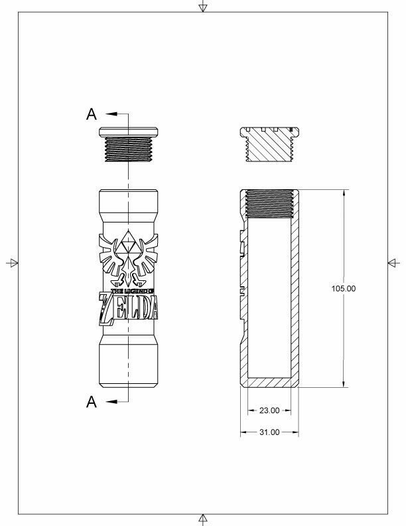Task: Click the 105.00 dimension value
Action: click(x=344, y=288)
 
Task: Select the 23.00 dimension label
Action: click(x=269, y=410)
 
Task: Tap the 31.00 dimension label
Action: click(x=269, y=432)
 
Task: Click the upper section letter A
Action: click(x=92, y=114)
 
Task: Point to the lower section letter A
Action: click(x=92, y=402)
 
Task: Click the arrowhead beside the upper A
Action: click(x=111, y=114)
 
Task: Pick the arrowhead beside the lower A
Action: click(x=111, y=402)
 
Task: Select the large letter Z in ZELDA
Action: click(x=107, y=309)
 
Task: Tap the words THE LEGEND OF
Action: click(x=132, y=291)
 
